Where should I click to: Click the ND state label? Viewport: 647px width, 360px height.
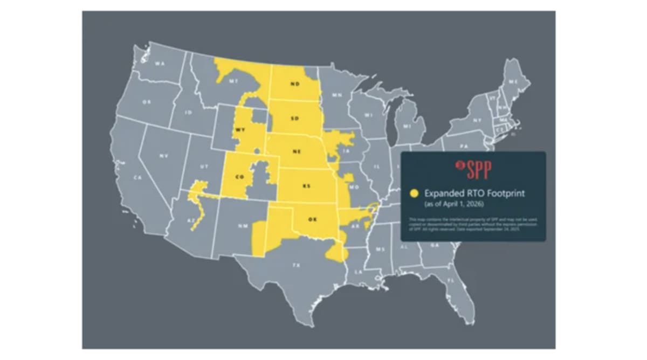coord(294,84)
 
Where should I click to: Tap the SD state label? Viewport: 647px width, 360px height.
coord(294,118)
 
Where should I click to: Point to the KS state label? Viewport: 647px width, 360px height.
coord(306,186)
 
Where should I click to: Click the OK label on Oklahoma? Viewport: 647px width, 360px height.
coord(312,219)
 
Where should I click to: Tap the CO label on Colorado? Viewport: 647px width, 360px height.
coord(239,177)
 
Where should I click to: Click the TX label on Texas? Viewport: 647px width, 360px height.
coord(296,265)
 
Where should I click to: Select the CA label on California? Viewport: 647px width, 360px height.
coord(137,177)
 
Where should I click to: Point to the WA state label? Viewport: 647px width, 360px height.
coord(160,64)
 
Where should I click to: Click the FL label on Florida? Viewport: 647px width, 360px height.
coord(451,281)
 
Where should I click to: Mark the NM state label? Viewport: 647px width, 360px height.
coord(242,226)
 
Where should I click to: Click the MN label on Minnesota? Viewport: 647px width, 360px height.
coord(337,95)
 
